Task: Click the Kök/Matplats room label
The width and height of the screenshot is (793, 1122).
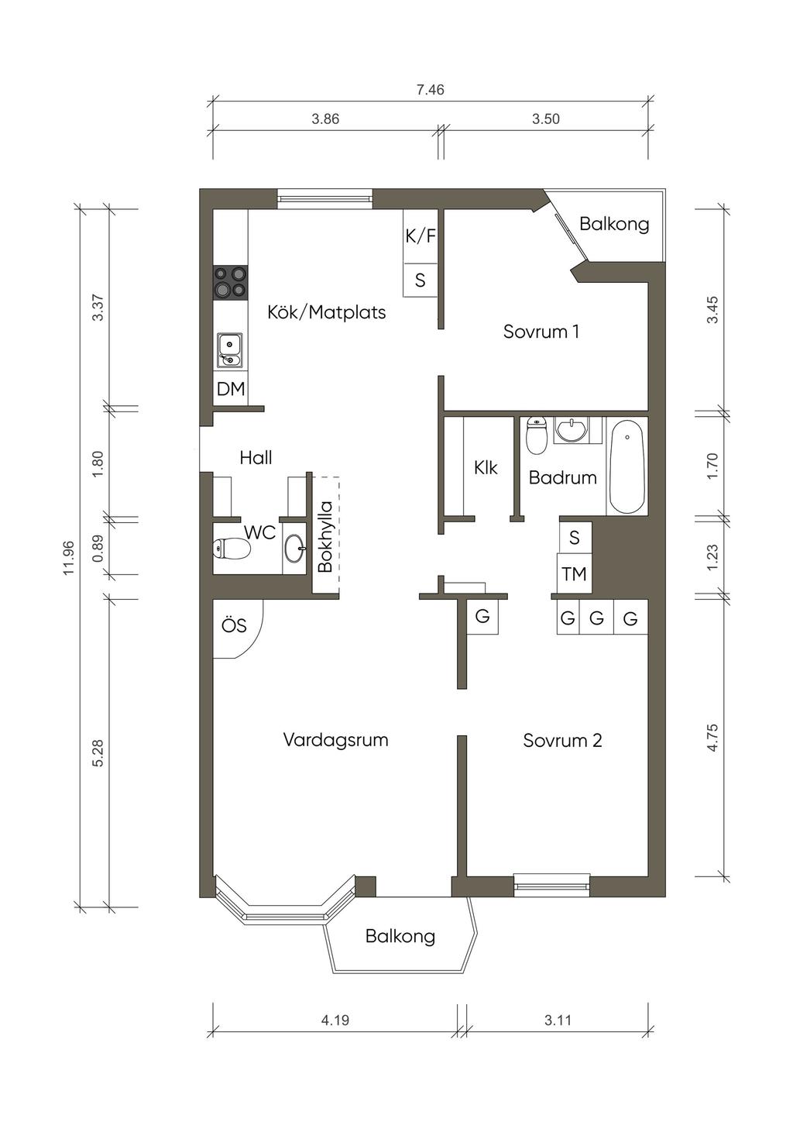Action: pos(326,312)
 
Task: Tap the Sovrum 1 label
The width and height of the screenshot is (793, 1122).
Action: pos(541,332)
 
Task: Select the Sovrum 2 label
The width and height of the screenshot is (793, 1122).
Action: pos(562,740)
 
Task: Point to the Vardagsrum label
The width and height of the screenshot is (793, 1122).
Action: pos(335,740)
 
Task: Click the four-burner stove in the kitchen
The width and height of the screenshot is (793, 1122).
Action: pos(231,282)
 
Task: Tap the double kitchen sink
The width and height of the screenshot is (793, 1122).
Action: pos(230,350)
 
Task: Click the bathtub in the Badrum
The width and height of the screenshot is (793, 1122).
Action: pos(627,466)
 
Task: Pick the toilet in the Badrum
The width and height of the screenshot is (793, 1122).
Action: pos(537,435)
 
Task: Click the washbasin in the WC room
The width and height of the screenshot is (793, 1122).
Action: pos(295,549)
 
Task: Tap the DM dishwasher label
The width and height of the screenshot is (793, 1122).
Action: pos(231,389)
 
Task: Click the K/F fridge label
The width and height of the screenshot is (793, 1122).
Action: pos(420,236)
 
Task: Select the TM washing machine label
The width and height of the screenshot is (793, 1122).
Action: pos(574,574)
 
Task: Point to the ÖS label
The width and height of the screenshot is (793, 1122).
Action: pos(234,625)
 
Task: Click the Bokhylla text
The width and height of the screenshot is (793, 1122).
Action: pos(325,536)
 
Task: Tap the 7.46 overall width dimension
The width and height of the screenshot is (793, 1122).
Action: pos(431,90)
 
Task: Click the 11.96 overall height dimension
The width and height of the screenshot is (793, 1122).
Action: pos(69,558)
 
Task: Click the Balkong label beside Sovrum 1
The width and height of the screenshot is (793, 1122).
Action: pos(614,224)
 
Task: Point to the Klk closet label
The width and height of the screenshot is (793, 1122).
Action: pos(486,468)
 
